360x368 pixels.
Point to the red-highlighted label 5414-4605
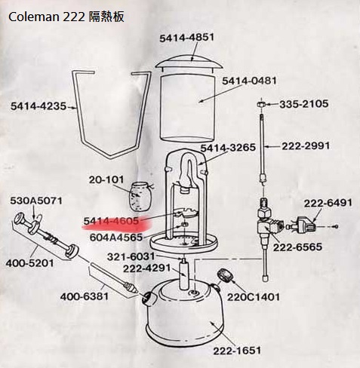coord(111,220)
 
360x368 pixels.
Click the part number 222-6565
coord(298,247)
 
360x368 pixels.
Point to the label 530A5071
coord(35,201)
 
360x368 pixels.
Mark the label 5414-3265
coord(229,148)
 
